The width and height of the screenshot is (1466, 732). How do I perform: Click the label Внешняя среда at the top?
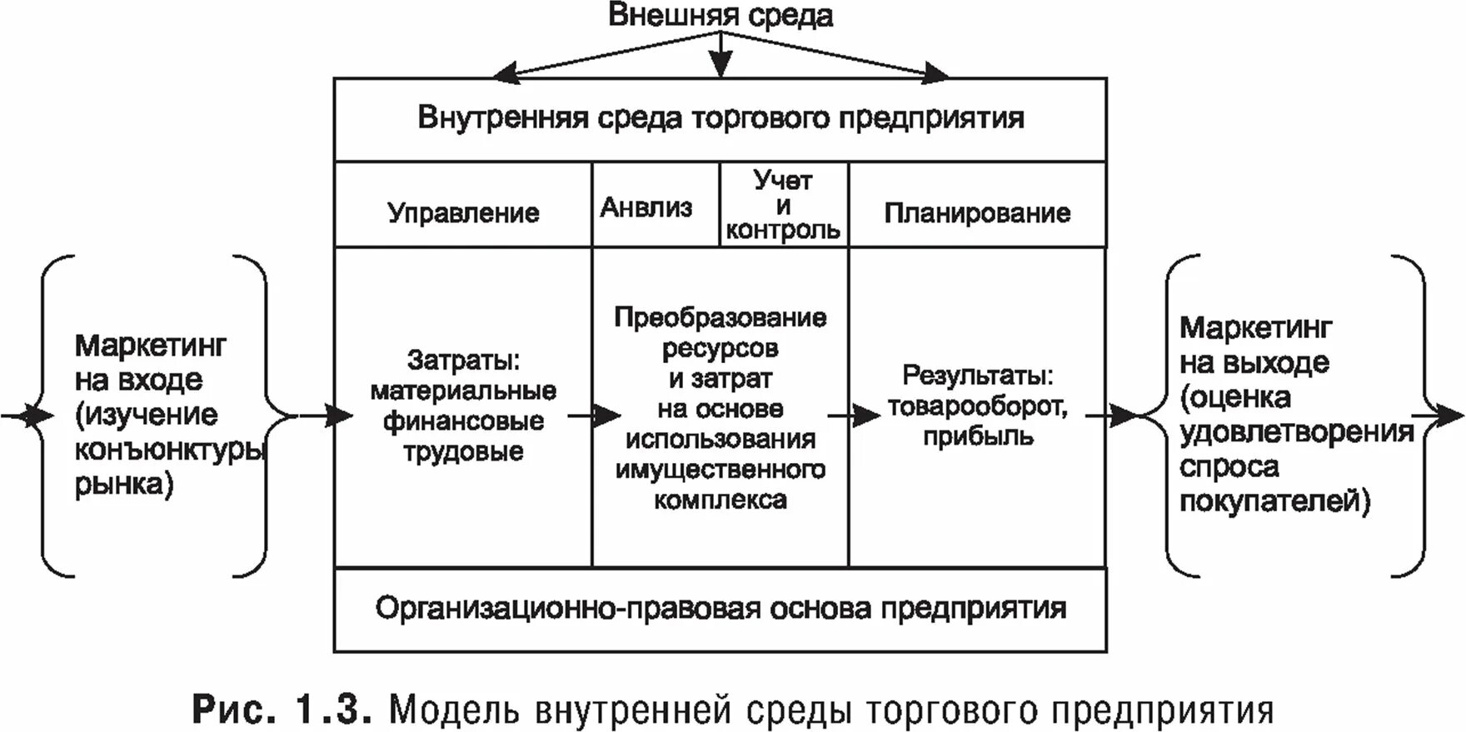721,17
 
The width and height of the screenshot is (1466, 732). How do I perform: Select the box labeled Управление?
463,212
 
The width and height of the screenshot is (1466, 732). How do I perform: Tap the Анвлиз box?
646,207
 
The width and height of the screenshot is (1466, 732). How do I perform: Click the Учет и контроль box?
783,205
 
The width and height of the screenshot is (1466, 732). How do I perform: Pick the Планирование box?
977,212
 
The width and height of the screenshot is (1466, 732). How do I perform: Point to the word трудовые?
464,451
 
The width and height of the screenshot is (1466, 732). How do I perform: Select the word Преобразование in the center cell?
721,317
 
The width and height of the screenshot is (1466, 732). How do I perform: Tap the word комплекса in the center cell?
721,500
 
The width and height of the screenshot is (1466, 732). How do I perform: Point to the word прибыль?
978,436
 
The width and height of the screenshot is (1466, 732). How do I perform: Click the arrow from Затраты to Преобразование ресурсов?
595,415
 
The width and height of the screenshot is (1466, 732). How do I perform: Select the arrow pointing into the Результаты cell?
855,415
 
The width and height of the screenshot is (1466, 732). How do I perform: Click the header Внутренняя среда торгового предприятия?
721,117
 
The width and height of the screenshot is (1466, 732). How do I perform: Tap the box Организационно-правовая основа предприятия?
721,608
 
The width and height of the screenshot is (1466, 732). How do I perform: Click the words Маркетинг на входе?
150,362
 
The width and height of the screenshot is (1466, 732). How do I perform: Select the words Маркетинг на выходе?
1255,345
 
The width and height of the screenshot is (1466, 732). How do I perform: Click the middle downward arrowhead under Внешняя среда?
721,65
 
